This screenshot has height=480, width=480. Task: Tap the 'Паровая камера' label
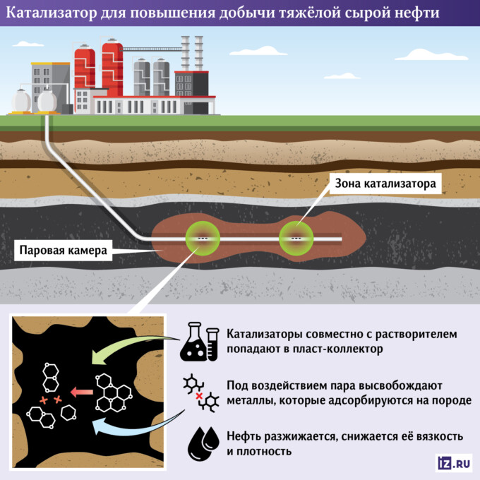tap(63, 250)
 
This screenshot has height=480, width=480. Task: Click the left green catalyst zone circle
tap(202, 239)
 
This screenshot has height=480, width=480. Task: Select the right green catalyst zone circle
tap(298, 239)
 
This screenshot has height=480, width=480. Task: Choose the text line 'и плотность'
tap(259, 451)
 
